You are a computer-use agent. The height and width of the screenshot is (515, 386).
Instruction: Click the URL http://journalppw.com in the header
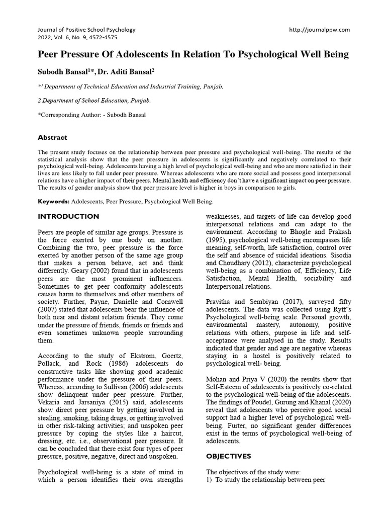point(320,30)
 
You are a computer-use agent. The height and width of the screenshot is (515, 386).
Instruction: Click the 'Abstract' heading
point(53,137)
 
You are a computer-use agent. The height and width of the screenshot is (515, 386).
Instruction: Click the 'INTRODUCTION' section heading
point(69,216)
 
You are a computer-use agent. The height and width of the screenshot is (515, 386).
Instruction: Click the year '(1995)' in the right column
point(217,240)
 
